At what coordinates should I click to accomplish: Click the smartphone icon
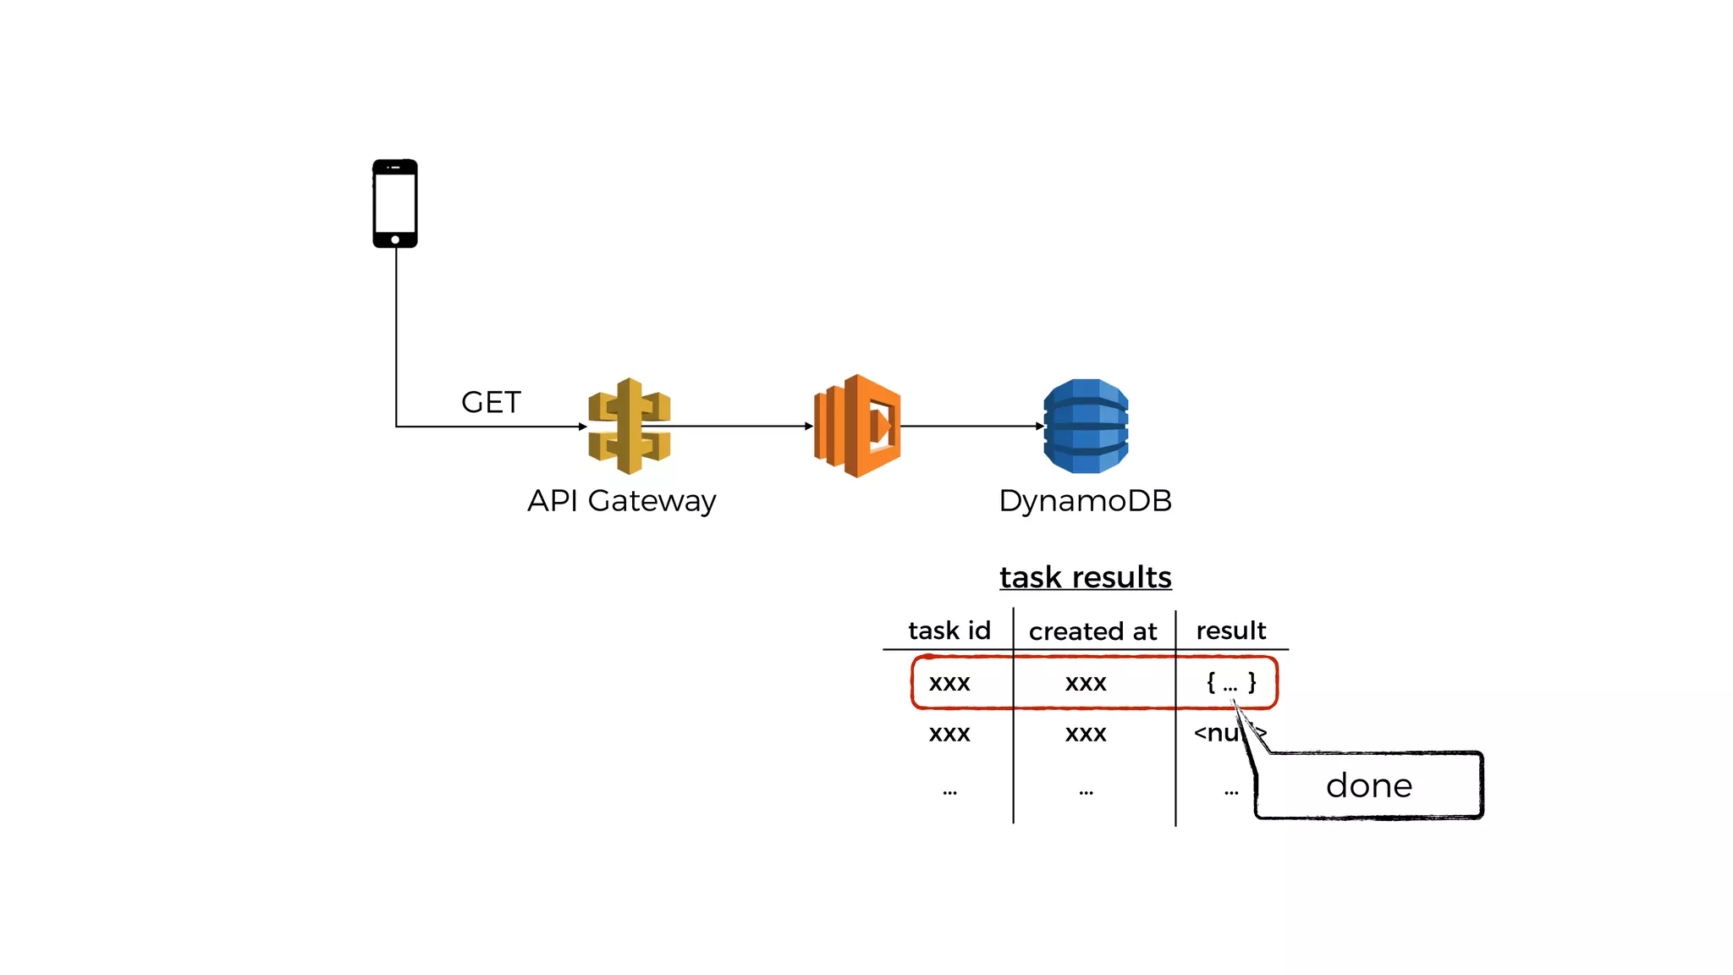point(395,203)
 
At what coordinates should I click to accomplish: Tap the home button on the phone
point(395,240)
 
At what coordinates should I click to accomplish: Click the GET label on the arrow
point(491,402)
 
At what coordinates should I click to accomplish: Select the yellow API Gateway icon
point(630,426)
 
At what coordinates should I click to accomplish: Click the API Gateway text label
point(621,501)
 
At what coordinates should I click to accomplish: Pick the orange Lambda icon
point(857,426)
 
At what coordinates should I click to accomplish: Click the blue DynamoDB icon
point(1086,426)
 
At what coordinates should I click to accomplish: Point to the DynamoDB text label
point(1085,501)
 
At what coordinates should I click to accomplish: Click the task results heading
point(1085,577)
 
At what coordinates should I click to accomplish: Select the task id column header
point(949,631)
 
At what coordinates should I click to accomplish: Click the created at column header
point(1092,631)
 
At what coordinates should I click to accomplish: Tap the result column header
point(1230,631)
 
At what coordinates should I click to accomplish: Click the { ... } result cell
point(1230,682)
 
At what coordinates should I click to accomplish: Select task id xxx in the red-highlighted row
point(949,683)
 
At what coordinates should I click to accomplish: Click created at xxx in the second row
point(1086,734)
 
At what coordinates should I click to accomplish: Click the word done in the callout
point(1368,786)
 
